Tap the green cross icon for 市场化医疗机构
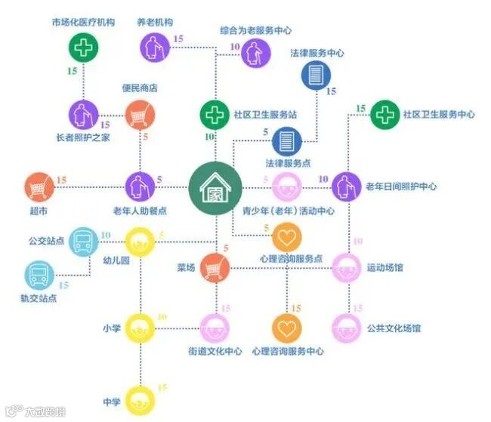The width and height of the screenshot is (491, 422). click(84, 49)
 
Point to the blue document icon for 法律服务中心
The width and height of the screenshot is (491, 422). click(316, 75)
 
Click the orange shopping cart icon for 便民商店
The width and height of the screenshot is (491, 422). click(140, 115)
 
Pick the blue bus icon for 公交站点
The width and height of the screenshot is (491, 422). click(82, 242)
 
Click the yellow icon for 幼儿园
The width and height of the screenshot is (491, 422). click(140, 243)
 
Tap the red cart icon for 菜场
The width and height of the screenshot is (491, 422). click(215, 268)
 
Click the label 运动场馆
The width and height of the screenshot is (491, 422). click(385, 268)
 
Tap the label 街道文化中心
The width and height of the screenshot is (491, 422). click(215, 351)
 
